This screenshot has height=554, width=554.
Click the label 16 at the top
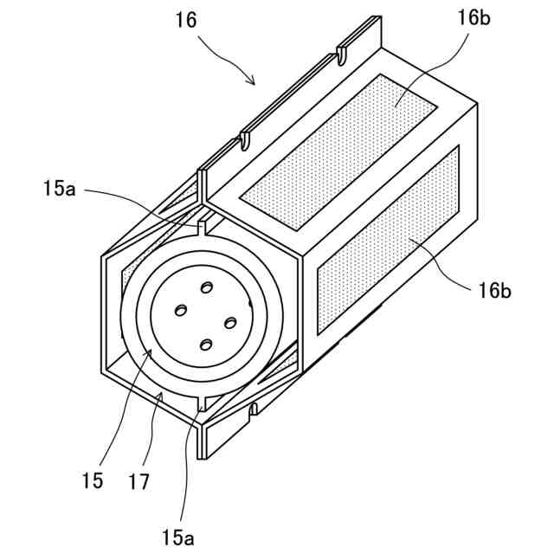(x=185, y=18)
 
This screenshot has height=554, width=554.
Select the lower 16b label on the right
(x=494, y=289)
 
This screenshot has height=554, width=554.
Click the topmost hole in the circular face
(x=206, y=287)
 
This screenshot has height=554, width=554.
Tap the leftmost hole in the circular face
(x=182, y=309)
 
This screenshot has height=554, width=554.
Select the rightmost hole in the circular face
(x=230, y=323)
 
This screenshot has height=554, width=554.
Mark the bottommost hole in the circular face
(x=206, y=345)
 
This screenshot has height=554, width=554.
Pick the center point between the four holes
(x=206, y=316)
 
